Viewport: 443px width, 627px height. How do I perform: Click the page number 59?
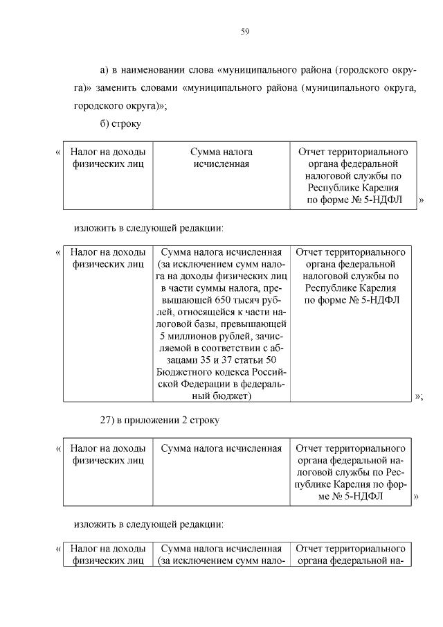pos(245,31)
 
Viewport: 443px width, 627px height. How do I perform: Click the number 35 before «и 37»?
pos(197,362)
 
